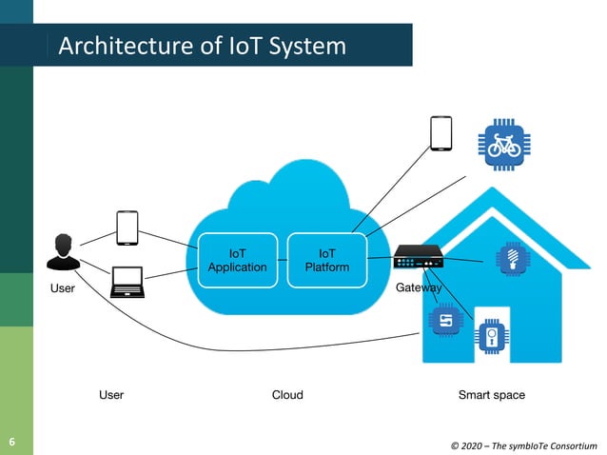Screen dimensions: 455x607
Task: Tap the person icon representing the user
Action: click(64, 250)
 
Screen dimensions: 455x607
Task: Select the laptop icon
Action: click(127, 282)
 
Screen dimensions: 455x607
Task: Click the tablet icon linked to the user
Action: click(127, 227)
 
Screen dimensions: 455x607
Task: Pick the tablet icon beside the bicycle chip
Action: click(441, 133)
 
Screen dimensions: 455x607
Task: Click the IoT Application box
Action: click(237, 260)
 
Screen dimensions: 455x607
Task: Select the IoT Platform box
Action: click(326, 260)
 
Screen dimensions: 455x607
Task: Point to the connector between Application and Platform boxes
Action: click(282, 260)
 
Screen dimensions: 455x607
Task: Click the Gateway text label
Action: click(418, 287)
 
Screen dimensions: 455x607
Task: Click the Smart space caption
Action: click(491, 394)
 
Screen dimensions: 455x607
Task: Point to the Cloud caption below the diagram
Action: click(287, 394)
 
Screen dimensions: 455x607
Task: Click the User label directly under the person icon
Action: click(62, 287)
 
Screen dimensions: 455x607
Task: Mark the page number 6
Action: click(12, 442)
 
